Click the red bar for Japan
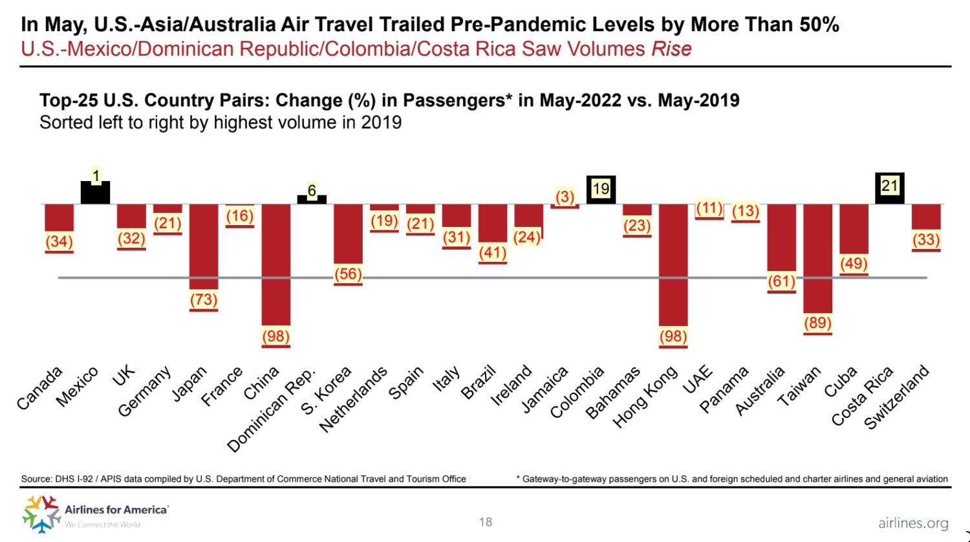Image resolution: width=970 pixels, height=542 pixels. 203,246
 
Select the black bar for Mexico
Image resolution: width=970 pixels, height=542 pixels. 95,193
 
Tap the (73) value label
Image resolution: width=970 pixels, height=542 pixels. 203,299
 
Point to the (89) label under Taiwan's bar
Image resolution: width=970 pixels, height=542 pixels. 817,323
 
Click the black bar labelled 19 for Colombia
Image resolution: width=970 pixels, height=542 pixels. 601,189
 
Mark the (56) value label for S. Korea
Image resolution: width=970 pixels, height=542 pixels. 348,274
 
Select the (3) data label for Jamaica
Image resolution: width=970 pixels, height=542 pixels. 565,197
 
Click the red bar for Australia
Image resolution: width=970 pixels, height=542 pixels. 781,237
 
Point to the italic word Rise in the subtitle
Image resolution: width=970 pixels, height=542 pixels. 671,49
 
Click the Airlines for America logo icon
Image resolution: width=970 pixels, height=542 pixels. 41,514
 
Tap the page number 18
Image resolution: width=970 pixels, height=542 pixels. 486,522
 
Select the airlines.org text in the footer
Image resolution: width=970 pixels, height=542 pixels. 913,523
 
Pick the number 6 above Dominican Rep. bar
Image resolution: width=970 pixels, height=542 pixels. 312,191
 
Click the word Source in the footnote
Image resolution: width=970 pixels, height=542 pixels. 36,479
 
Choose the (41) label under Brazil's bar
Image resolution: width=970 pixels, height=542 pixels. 492,252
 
